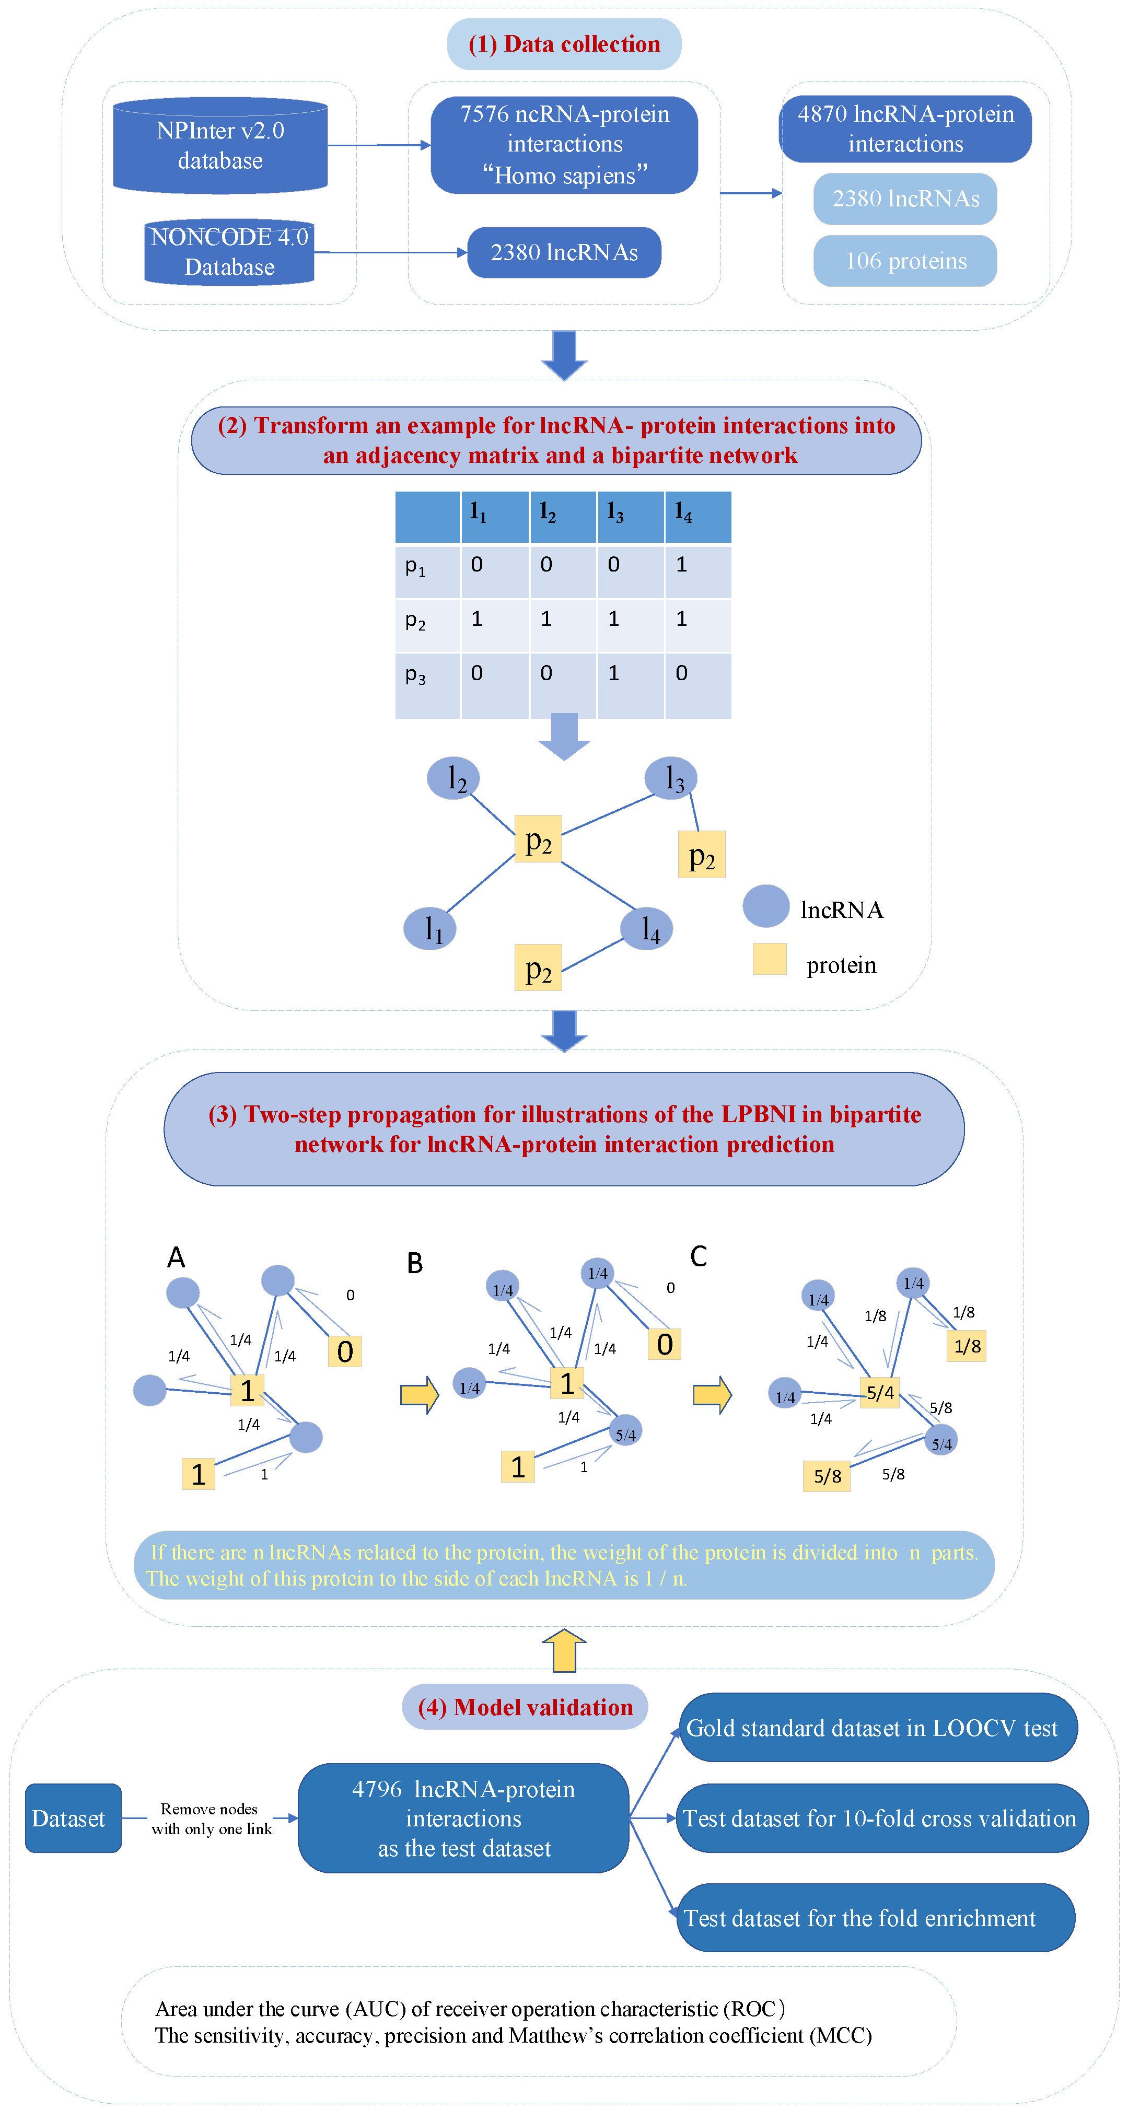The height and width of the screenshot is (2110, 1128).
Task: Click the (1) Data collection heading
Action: pyautogui.click(x=564, y=44)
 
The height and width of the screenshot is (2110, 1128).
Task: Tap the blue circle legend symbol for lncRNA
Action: pyautogui.click(x=766, y=906)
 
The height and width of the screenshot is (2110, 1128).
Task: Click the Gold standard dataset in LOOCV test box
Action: pyautogui.click(x=877, y=1728)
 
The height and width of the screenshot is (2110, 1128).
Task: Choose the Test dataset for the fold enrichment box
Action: pyautogui.click(x=875, y=1918)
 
